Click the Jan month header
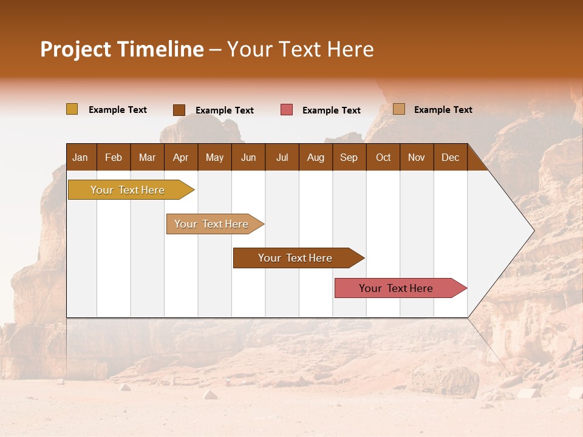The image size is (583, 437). [x=80, y=157]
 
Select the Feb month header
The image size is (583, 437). [x=114, y=157]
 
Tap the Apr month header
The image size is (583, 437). [x=180, y=157]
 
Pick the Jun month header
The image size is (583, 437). [x=248, y=157]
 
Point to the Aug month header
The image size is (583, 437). [x=315, y=157]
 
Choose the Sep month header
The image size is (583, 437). [x=349, y=157]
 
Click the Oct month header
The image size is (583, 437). [x=383, y=157]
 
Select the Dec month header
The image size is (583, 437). [x=450, y=157]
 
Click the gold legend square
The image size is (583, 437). [x=72, y=109]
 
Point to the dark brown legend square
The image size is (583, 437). [x=179, y=110]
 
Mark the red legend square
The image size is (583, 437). [x=287, y=109]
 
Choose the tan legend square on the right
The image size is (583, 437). [x=398, y=109]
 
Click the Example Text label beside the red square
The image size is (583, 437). [x=331, y=110]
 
